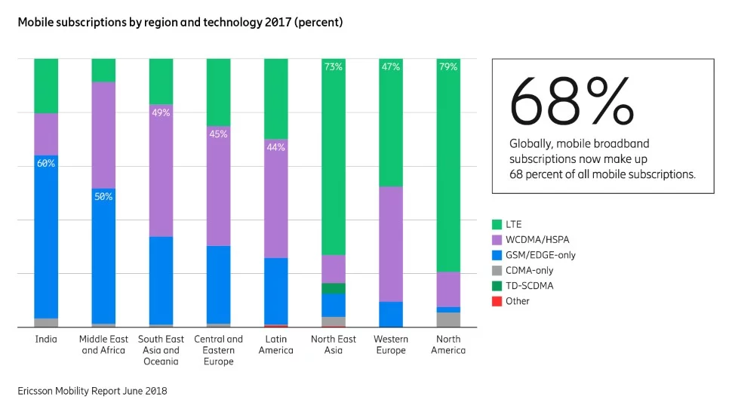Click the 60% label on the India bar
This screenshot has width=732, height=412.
pos(46,164)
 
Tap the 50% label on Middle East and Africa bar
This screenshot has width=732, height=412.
pos(103,197)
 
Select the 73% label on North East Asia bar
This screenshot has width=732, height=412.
pos(334,67)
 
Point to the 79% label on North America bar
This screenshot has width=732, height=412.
pos(448,67)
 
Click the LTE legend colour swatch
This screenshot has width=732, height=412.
pos(497,224)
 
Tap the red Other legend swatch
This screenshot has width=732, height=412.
pos(497,301)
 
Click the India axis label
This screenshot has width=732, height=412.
pos(46,340)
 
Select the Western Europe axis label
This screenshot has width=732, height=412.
pos(391,345)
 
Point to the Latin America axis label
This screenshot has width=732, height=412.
pos(275,345)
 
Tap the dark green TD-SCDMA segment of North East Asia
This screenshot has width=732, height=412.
pos(334,288)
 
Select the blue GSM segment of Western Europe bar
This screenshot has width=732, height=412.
pos(391,314)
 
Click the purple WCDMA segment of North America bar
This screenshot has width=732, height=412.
pos(448,289)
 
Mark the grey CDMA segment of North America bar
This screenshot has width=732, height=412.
pos(448,320)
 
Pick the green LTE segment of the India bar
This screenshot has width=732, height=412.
pos(46,85)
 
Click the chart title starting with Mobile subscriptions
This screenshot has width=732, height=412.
pos(180,23)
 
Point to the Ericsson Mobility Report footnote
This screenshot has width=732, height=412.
pos(92,391)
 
